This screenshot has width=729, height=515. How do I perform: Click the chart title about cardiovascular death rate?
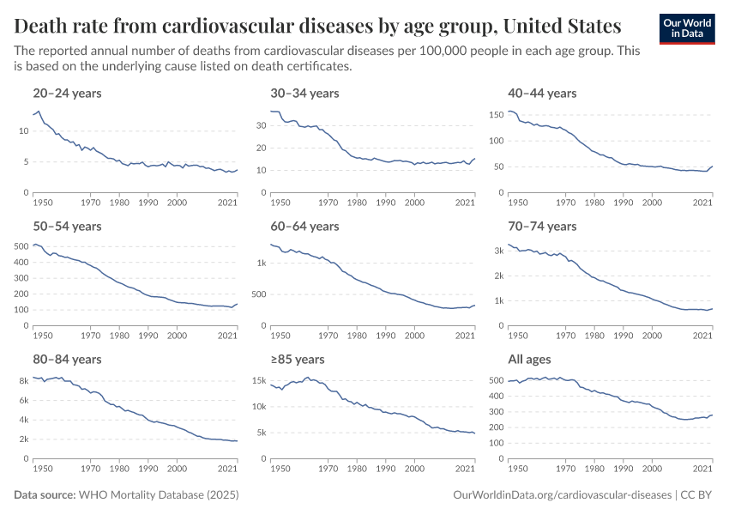[317, 24]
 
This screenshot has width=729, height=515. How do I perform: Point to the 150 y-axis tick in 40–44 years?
[496, 113]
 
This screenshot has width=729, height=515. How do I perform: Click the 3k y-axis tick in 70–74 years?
[497, 251]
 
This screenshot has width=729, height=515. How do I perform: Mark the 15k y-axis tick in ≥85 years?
[257, 380]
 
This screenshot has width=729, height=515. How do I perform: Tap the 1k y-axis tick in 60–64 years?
[259, 264]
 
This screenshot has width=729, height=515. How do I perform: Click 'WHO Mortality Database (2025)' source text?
[159, 495]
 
